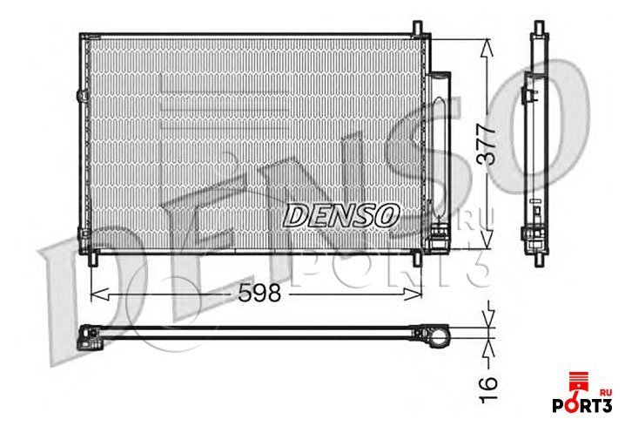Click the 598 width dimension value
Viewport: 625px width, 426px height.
tap(259, 294)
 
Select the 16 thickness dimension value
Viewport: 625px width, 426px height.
tap(487, 382)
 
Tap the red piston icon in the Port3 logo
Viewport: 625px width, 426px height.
tap(575, 382)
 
